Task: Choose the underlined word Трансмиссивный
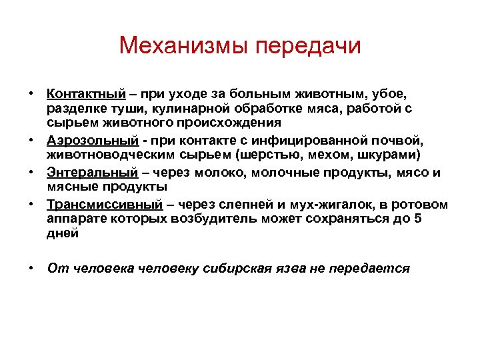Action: tap(105, 205)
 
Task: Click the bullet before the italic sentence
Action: tap(31, 268)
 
